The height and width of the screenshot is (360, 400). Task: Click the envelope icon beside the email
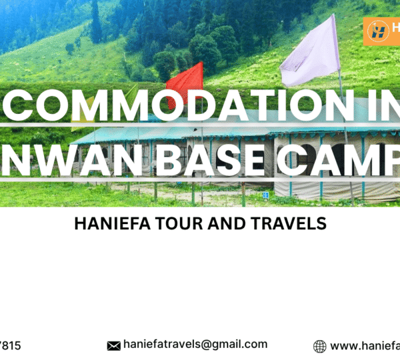(x=113, y=345)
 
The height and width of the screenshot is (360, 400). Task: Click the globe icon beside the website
(x=320, y=346)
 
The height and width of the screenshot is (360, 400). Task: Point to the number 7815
(x=10, y=345)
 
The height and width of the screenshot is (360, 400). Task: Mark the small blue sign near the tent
(x=265, y=195)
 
